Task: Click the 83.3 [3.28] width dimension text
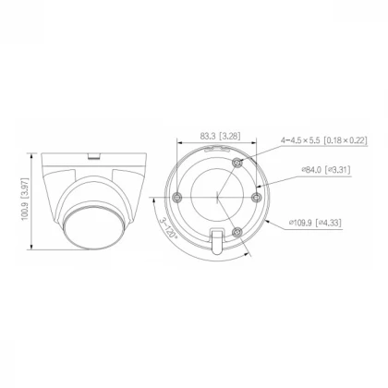click(x=220, y=136)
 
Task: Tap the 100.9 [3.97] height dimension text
click(x=25, y=199)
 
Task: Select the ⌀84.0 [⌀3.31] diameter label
click(x=326, y=170)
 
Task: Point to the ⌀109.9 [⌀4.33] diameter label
click(x=315, y=223)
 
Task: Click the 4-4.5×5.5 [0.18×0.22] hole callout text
click(x=324, y=140)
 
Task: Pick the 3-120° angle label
click(x=169, y=228)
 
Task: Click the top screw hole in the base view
click(x=237, y=163)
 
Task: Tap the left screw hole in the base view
click(x=177, y=197)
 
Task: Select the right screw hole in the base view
click(x=256, y=197)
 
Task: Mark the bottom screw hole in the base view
click(x=236, y=232)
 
